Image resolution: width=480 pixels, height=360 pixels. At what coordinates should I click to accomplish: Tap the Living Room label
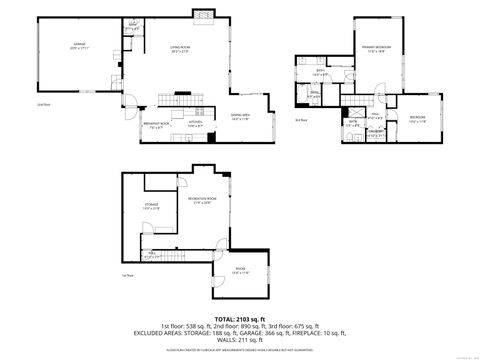point(179,48)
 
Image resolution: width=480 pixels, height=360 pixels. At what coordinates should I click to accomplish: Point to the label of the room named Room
point(241,270)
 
